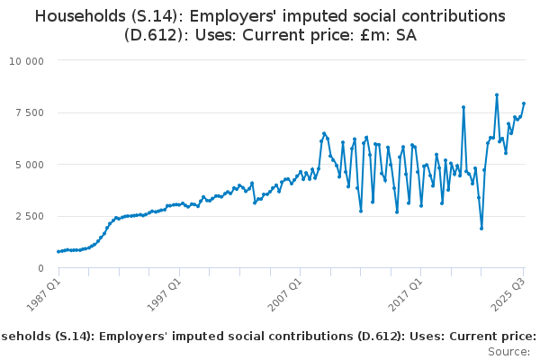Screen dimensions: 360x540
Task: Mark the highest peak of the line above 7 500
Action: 497,94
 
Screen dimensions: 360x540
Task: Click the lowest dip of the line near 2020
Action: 481,229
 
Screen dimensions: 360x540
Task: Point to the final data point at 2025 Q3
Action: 524,103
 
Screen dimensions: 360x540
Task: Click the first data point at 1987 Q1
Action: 58,252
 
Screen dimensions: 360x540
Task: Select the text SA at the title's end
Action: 405,36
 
